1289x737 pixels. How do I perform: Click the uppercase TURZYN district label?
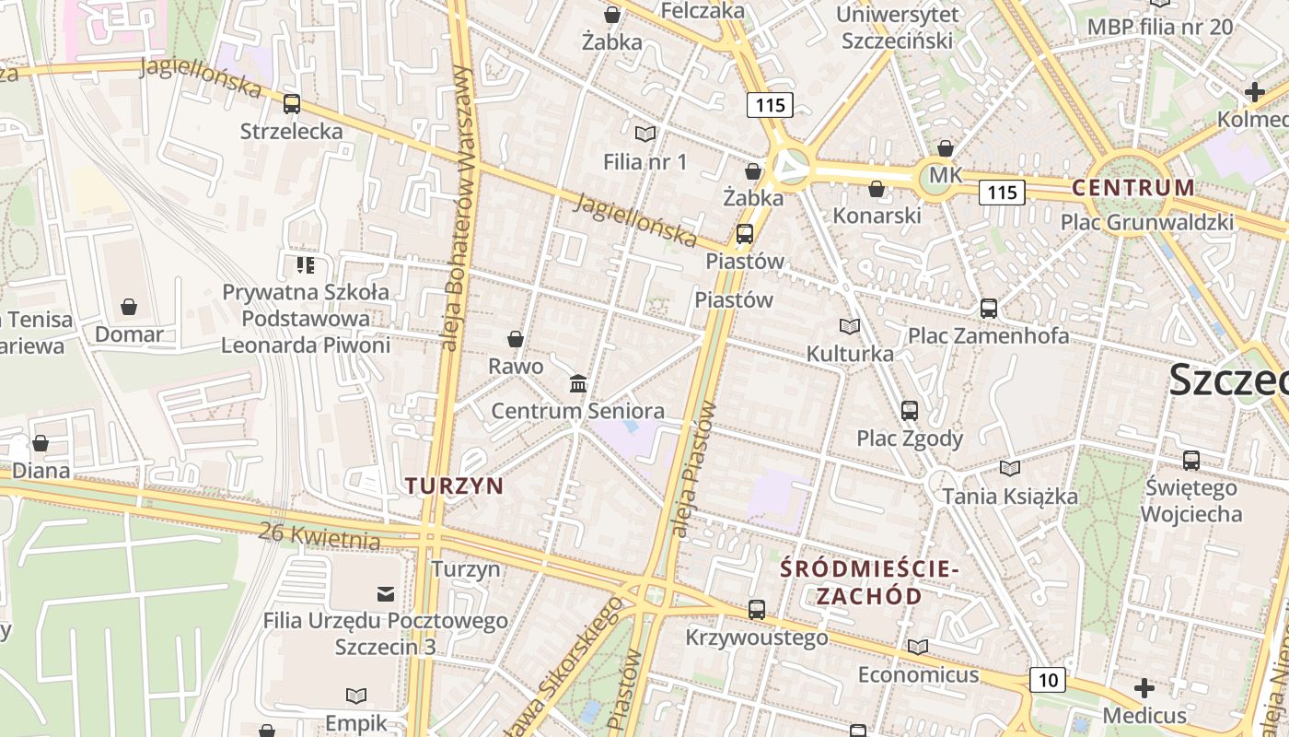pos(454,485)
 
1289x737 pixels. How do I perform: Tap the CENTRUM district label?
pos(1133,188)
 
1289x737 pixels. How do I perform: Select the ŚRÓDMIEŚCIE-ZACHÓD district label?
pos(869,582)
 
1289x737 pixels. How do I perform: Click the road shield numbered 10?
pos(1047,680)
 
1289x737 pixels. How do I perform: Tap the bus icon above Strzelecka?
pos(292,104)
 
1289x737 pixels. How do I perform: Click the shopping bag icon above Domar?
pos(129,307)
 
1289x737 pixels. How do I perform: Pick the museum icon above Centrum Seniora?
pos(578,383)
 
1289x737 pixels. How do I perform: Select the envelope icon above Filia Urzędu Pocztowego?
pos(386,593)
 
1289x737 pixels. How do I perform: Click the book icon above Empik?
pos(356,696)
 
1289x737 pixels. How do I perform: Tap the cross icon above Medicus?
pos(1144,688)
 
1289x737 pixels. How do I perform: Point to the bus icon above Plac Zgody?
pos(910,411)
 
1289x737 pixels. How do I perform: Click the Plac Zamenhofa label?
pos(989,335)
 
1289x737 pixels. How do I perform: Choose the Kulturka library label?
pos(850,354)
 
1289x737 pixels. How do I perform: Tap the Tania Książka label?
pos(1009,497)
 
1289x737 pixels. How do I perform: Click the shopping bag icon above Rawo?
pos(516,339)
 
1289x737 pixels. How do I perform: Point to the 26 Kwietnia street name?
pos(319,535)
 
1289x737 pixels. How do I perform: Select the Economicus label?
pos(918,674)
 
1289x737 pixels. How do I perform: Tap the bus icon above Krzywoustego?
pos(757,610)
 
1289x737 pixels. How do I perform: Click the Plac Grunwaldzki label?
pos(1146,222)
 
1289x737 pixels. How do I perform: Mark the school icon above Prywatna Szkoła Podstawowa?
pos(306,265)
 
